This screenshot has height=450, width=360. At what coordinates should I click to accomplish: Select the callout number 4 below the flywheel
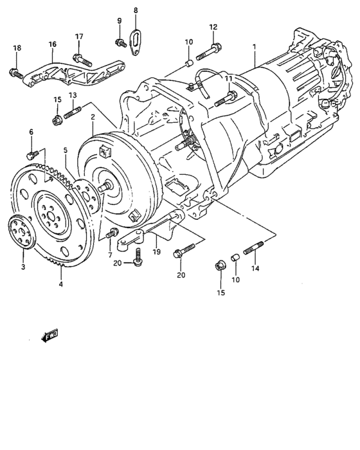(x=61, y=284)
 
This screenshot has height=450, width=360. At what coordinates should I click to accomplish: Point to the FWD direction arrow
(x=49, y=335)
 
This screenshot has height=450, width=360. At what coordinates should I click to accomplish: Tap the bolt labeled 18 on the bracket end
(x=15, y=73)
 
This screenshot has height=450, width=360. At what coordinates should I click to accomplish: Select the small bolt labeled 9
(x=120, y=42)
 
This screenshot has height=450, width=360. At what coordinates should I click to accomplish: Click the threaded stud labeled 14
(x=252, y=247)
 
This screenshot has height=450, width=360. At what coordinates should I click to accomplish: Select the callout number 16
(x=52, y=44)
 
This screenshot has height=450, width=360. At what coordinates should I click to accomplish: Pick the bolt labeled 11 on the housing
(x=213, y=100)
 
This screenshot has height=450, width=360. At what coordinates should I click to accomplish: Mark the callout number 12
(x=213, y=27)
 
